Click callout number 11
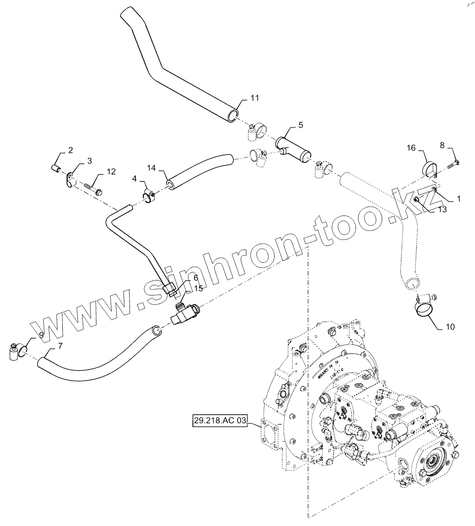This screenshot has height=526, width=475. click(x=254, y=98)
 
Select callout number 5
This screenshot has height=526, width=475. click(x=301, y=125)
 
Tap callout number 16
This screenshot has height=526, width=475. click(x=411, y=148)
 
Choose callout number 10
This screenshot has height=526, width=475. click(x=450, y=327)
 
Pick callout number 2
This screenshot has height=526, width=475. click(x=70, y=151)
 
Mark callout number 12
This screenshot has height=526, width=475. click(x=111, y=171)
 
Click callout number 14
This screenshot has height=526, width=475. click(x=152, y=168)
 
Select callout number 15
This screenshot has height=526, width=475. click(x=198, y=288)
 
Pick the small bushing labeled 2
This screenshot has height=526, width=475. click(x=55, y=168)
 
